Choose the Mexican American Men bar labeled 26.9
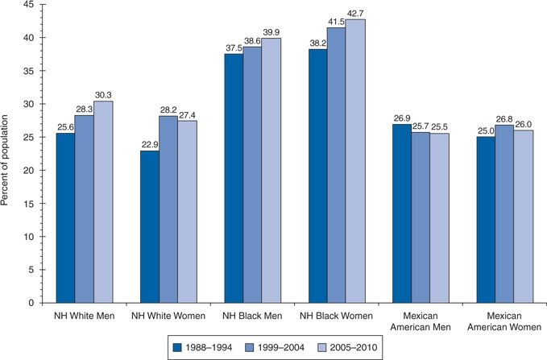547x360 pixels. tap(402, 213)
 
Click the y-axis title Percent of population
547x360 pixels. tap(7, 153)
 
